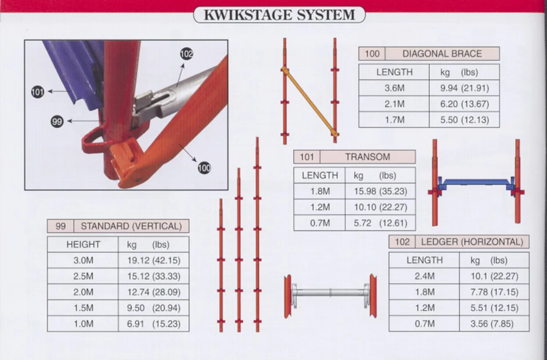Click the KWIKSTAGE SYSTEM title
coord(279,14)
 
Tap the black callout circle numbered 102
coord(187,54)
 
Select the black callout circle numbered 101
coord(38,92)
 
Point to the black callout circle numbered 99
coord(57,122)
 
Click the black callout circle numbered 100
coord(204,167)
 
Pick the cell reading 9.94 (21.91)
coord(464,88)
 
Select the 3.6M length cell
coord(394,88)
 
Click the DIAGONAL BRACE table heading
coord(442,54)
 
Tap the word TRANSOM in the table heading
coord(367,157)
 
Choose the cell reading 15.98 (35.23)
coord(380,191)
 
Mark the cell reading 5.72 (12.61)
coord(380,223)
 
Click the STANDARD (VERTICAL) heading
coord(131,226)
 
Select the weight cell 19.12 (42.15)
coord(154,260)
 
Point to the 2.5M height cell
coord(83,277)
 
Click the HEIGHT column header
coord(83,245)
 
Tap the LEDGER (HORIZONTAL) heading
coord(472,242)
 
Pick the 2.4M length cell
coord(424,276)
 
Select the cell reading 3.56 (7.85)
coord(494,324)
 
